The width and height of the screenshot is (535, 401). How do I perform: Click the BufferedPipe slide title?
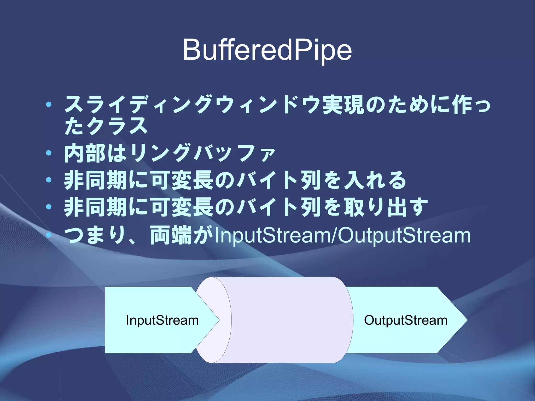(267, 50)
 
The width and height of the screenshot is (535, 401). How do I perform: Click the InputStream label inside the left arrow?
(162, 320)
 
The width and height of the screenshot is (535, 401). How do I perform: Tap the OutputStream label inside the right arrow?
(405, 320)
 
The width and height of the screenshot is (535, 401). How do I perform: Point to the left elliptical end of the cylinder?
(214, 320)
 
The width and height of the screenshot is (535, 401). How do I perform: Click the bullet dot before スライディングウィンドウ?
(49, 104)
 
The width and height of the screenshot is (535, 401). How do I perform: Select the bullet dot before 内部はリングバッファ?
(49, 153)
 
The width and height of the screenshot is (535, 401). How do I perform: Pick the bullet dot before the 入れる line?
(49, 180)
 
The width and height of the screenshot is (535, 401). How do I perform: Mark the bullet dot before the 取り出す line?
(49, 207)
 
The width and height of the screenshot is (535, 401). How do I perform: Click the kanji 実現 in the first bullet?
(343, 104)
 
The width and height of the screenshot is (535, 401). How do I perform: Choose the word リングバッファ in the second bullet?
(203, 153)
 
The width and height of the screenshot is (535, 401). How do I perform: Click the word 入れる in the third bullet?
(375, 180)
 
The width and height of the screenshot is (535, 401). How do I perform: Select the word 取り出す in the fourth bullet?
(386, 207)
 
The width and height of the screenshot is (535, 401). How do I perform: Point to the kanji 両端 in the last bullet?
(171, 235)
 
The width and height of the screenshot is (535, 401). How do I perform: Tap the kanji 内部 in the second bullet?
(85, 153)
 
